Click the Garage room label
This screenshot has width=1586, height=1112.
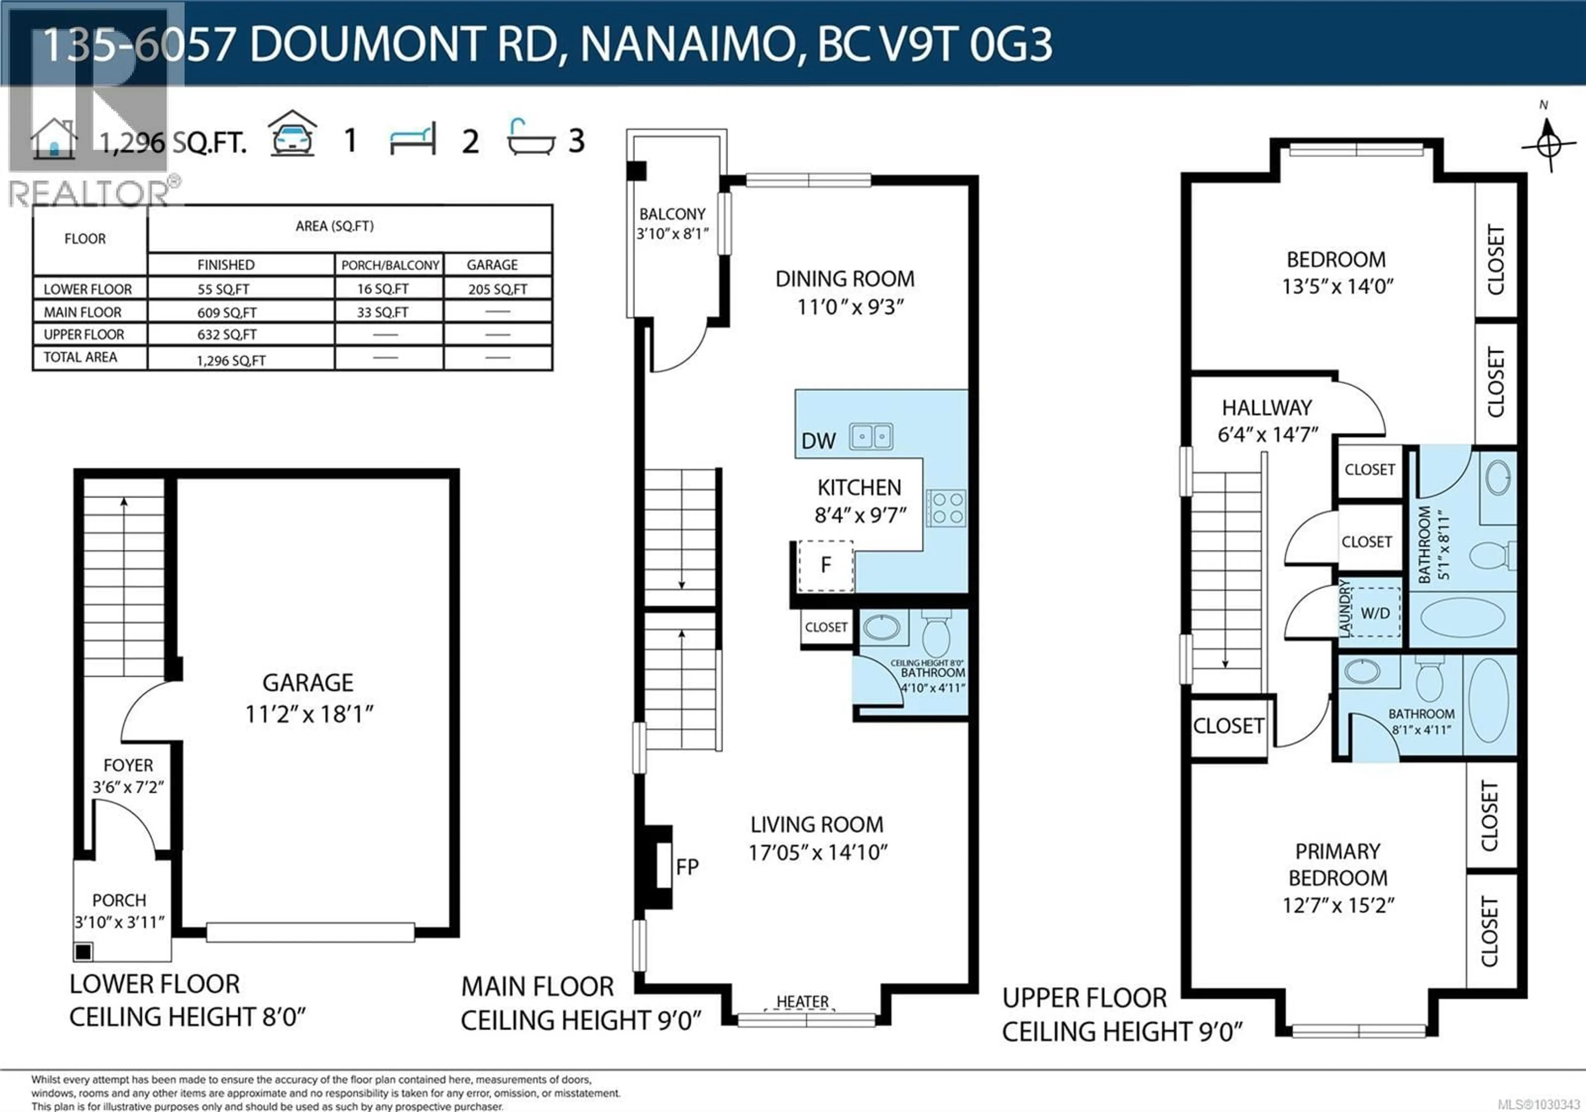pos(308,683)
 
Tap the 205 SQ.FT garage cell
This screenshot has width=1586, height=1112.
pos(497,289)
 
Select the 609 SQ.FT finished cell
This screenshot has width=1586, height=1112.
pos(227,312)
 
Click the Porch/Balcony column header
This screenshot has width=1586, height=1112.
pos(389,265)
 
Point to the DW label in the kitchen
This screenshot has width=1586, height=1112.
pos(819,441)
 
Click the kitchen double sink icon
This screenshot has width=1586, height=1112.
pos(871,436)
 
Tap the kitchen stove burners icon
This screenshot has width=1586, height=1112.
pos(946,508)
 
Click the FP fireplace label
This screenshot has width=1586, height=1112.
pos(687,867)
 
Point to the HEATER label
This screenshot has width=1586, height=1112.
pos(802,1001)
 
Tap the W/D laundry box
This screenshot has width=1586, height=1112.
pos(1375,613)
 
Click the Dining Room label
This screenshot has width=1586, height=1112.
pos(845,279)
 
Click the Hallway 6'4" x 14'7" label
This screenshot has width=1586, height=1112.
pos(1268,421)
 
